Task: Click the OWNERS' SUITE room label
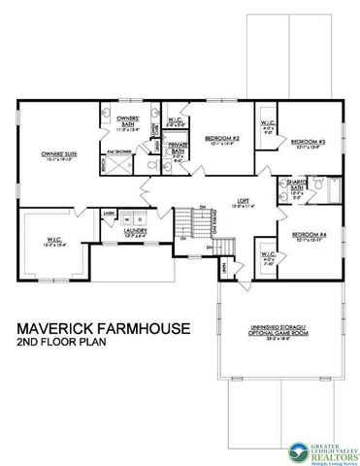(x=57, y=153)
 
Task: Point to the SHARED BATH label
(x=292, y=184)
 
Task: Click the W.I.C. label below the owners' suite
(x=51, y=241)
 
